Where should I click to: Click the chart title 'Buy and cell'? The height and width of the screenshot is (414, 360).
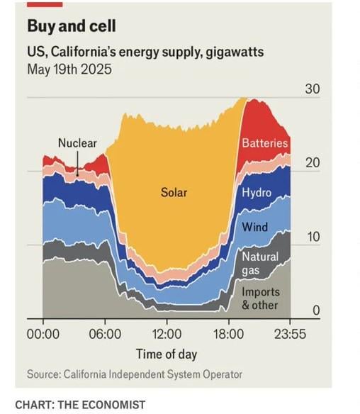pyautogui.click(x=72, y=26)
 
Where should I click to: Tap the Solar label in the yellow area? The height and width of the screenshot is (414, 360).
pyautogui.click(x=174, y=193)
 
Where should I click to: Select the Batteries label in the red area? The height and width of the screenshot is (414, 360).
pyautogui.click(x=265, y=143)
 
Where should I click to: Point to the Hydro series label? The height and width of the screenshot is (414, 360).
pyautogui.click(x=257, y=193)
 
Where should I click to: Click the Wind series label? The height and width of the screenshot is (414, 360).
pyautogui.click(x=254, y=227)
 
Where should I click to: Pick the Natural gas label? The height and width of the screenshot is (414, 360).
pyautogui.click(x=260, y=264)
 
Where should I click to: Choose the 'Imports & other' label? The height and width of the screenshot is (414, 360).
pyautogui.click(x=261, y=298)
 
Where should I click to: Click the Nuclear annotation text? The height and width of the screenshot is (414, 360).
pyautogui.click(x=77, y=143)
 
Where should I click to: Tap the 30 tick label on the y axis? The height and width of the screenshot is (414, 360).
pyautogui.click(x=313, y=89)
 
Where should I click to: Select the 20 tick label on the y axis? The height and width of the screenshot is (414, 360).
pyautogui.click(x=313, y=163)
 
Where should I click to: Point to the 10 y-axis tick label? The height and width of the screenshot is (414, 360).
pyautogui.click(x=313, y=237)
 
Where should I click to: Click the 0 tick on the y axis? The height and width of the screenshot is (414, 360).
pyautogui.click(x=317, y=310)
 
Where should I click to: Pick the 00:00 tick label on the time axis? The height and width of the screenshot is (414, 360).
pyautogui.click(x=43, y=334)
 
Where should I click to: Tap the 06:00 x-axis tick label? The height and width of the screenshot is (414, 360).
pyautogui.click(x=105, y=334)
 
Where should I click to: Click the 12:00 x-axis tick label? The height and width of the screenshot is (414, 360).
pyautogui.click(x=167, y=334)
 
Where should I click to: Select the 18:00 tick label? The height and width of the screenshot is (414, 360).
pyautogui.click(x=229, y=334)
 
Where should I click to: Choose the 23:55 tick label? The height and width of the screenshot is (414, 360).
pyautogui.click(x=291, y=334)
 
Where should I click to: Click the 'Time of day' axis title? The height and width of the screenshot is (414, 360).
pyautogui.click(x=167, y=354)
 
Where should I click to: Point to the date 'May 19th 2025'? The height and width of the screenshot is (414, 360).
pyautogui.click(x=69, y=69)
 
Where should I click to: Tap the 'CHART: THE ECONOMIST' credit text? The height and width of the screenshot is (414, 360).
pyautogui.click(x=80, y=405)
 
